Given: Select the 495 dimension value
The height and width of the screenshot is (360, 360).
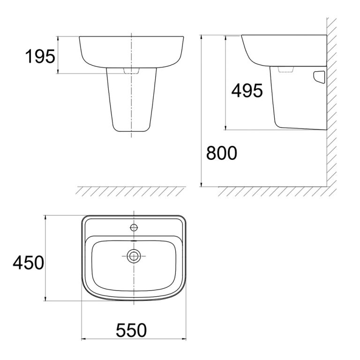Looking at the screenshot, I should pos(247,90).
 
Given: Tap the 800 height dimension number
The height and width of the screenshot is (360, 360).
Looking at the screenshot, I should pos(222,153).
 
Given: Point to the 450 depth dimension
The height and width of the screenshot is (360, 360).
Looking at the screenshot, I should pos(28,262).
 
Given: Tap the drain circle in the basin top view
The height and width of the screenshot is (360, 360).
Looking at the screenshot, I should pos(134,255).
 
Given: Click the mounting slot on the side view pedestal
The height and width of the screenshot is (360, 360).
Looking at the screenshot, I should pos(320,76).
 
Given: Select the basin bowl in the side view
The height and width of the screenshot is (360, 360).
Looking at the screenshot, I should pos(281,49).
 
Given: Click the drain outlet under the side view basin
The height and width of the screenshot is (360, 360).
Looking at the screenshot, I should pos(285,69).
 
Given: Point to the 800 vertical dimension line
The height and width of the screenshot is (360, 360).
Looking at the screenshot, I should pos(202,112).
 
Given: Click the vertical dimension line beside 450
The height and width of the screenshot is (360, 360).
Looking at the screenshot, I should pos(45,258).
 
